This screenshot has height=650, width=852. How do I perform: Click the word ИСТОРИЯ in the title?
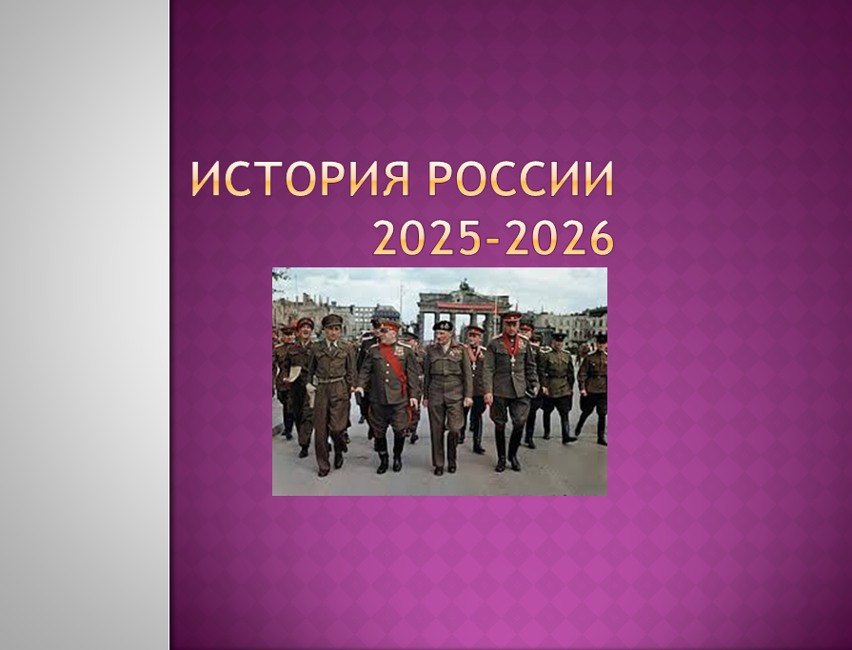[x=301, y=179]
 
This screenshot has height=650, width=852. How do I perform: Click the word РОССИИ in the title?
[x=521, y=179]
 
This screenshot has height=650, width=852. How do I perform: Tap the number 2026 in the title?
[x=560, y=238]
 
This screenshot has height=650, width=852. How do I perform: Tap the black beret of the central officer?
[x=443, y=325]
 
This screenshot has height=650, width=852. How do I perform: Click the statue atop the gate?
[x=465, y=286]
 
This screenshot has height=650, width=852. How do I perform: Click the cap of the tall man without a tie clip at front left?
[x=331, y=320]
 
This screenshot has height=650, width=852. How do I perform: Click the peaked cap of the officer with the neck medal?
[x=511, y=316]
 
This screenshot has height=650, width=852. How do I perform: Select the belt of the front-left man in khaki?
[x=331, y=380]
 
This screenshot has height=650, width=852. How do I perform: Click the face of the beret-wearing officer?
[x=442, y=335]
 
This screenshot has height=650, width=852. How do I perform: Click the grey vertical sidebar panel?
[x=84, y=325]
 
